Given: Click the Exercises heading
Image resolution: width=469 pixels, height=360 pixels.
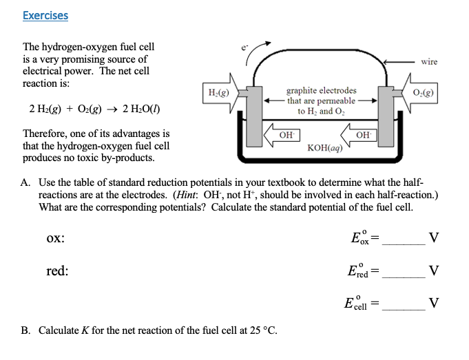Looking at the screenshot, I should pos(45,15).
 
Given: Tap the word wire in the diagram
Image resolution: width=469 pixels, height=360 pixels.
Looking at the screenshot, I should pos(428,62).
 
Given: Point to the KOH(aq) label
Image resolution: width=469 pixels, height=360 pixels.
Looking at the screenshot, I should pos(326,147).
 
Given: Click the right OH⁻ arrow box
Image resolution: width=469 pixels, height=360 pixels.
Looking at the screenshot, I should pos(362,134).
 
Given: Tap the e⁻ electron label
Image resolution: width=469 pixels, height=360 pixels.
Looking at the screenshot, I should pos(242,47).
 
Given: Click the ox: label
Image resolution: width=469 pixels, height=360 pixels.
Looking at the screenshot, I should pos(56,238).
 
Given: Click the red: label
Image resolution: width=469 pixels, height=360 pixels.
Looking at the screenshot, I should pos(57,271).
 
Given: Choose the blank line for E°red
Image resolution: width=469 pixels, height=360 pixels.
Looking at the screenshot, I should pos(404,277).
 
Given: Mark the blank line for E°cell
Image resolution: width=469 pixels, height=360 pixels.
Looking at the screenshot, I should pos(404,309).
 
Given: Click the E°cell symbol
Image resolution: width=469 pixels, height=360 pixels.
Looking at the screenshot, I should pos(357,303).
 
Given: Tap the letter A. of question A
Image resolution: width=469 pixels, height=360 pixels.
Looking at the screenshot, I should pos(25,182).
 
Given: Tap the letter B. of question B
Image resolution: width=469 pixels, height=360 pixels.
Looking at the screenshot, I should pos(25,330).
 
